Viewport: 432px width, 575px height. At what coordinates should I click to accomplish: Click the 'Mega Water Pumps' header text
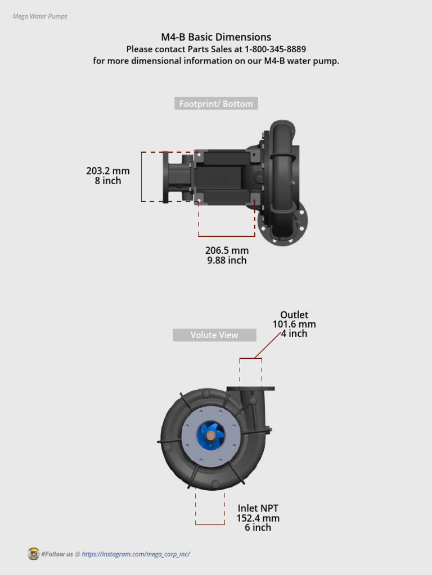[40, 16]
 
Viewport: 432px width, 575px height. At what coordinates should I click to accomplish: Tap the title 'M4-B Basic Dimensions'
[216, 37]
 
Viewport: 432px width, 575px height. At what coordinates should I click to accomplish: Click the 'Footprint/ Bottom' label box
[216, 104]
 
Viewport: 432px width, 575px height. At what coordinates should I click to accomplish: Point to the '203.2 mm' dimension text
[108, 171]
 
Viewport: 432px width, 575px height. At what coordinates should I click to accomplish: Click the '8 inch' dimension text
[108, 181]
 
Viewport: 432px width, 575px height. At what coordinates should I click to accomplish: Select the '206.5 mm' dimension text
[227, 250]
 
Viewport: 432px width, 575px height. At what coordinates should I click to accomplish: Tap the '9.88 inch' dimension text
[227, 261]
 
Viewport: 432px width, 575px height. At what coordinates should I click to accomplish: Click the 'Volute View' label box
[214, 335]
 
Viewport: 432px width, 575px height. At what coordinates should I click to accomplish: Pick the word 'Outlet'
[294, 315]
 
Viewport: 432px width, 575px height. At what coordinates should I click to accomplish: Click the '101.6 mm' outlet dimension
[294, 325]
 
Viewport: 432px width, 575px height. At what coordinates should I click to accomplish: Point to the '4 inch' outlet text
[294, 334]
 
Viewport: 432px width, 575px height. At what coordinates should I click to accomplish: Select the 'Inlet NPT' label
[258, 509]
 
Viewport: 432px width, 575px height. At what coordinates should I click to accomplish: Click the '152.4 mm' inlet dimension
[258, 518]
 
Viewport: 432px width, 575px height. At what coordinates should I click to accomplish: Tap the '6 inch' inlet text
[258, 528]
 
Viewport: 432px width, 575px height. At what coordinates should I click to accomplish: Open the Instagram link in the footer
[136, 554]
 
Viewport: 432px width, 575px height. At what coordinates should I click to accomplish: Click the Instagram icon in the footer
[33, 554]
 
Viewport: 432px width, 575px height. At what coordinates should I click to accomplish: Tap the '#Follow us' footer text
[57, 554]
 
